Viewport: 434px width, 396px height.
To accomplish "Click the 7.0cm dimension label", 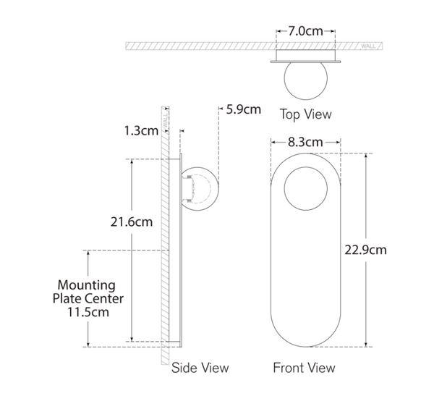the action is point(305,31).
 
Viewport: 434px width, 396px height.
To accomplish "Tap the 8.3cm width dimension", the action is point(305,142).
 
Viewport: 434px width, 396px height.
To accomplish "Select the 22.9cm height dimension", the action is point(365,250).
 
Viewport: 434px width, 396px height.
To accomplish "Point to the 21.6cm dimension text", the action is point(132,222).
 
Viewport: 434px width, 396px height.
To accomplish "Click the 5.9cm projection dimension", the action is point(244,109).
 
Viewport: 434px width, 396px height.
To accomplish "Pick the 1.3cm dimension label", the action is point(141,130).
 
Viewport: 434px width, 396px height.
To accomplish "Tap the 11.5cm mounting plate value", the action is point(88,312).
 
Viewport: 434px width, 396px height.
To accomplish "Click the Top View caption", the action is point(305,114).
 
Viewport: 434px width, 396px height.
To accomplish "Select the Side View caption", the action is point(200,368).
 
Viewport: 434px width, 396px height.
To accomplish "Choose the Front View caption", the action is point(304,368).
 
